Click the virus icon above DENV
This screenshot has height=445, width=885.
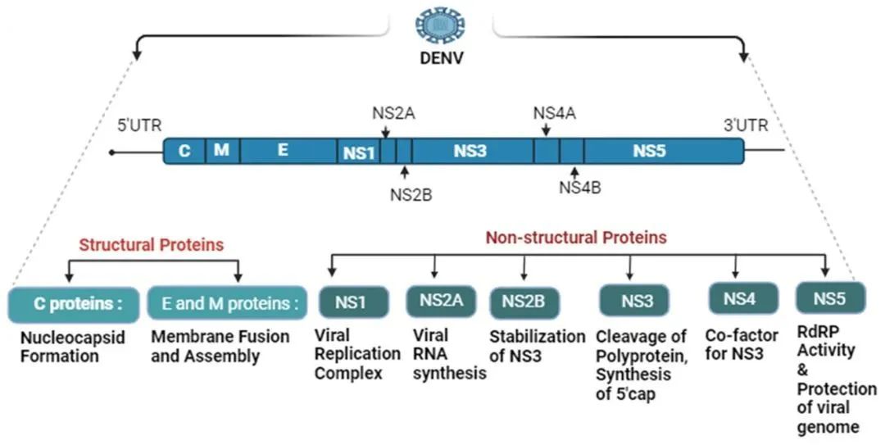[x=441, y=25]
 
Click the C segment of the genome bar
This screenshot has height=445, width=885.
[x=185, y=151]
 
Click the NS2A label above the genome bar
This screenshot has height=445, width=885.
[x=393, y=113]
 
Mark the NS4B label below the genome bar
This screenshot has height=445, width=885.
[x=580, y=187]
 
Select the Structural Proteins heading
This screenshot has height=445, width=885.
[x=152, y=244]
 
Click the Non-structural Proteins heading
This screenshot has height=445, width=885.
[x=576, y=238]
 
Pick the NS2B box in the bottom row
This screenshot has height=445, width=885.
[x=524, y=302]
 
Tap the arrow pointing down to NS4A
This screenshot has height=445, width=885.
[x=546, y=130]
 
